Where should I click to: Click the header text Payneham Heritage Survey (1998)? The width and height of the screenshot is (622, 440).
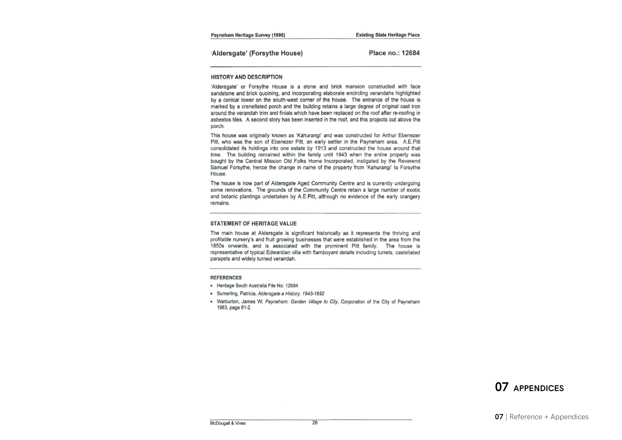click(248, 35)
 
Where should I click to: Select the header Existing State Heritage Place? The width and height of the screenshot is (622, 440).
click(388, 35)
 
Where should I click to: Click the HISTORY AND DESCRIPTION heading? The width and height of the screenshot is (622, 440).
click(246, 77)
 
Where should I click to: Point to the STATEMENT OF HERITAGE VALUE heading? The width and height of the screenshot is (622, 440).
click(253, 224)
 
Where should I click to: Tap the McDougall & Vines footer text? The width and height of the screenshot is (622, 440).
click(228, 423)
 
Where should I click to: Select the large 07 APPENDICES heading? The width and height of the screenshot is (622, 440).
click(529, 387)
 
